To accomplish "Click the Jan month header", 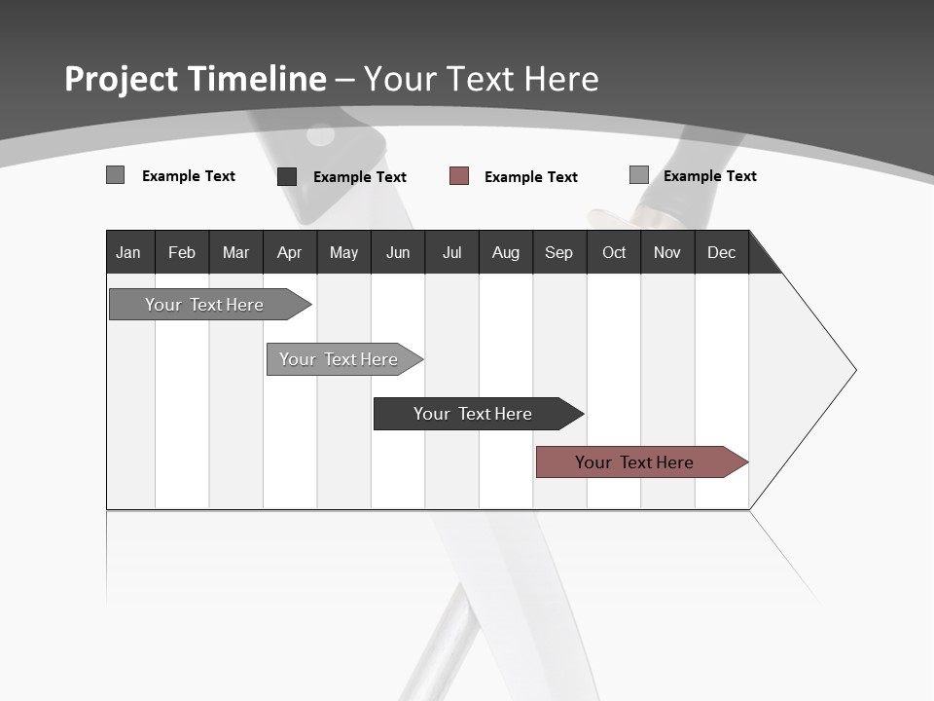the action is pyautogui.click(x=128, y=253).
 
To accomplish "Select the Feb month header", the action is pyautogui.click(x=182, y=253).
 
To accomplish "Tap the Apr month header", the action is pyautogui.click(x=289, y=253).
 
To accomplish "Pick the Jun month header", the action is pyautogui.click(x=398, y=253).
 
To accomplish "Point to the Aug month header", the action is pyautogui.click(x=505, y=253).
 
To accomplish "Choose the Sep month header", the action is pyautogui.click(x=558, y=253).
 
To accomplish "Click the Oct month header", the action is pyautogui.click(x=614, y=253).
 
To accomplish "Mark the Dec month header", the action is pyautogui.click(x=721, y=253).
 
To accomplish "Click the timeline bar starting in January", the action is pyautogui.click(x=204, y=305).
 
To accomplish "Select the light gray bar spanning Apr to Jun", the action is pyautogui.click(x=339, y=359).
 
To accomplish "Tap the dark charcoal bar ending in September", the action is pyautogui.click(x=473, y=414).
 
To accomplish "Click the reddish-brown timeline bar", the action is pyautogui.click(x=634, y=462).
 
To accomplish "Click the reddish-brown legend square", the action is pyautogui.click(x=459, y=176).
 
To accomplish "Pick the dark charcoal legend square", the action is pyautogui.click(x=287, y=176).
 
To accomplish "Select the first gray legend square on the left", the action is pyautogui.click(x=115, y=175).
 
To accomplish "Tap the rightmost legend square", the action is pyautogui.click(x=638, y=175).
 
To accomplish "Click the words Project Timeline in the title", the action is pyautogui.click(x=195, y=79).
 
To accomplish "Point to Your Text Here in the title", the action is pyautogui.click(x=481, y=79).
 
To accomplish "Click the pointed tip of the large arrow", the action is pyautogui.click(x=853, y=370).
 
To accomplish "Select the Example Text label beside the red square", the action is pyautogui.click(x=530, y=177).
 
